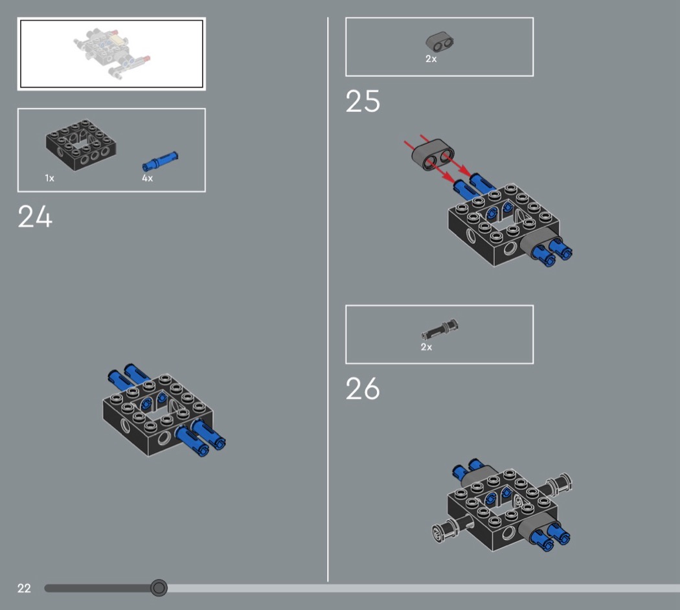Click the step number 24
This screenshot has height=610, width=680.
pyautogui.click(x=35, y=216)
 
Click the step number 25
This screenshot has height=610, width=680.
pyautogui.click(x=363, y=102)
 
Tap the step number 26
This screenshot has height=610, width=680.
pyautogui.click(x=363, y=389)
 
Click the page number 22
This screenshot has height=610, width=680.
pyautogui.click(x=24, y=589)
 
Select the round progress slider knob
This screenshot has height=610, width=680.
pyautogui.click(x=159, y=588)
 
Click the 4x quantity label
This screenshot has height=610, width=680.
pyautogui.click(x=147, y=178)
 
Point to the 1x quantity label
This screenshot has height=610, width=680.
pyautogui.click(x=49, y=178)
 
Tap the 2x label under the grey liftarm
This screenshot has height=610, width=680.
pyautogui.click(x=431, y=59)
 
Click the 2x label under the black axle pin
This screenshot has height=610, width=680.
pyautogui.click(x=426, y=347)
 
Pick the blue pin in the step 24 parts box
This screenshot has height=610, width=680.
pyautogui.click(x=159, y=161)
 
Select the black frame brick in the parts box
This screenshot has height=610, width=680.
pyautogui.click(x=81, y=145)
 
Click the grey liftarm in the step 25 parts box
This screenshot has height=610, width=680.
pyautogui.click(x=439, y=42)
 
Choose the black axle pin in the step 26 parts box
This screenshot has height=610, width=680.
pyautogui.click(x=439, y=330)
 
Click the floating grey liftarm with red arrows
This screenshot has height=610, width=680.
pyautogui.click(x=433, y=155)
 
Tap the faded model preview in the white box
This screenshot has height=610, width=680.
pyautogui.click(x=111, y=54)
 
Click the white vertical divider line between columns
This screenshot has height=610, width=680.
pyautogui.click(x=328, y=299)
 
